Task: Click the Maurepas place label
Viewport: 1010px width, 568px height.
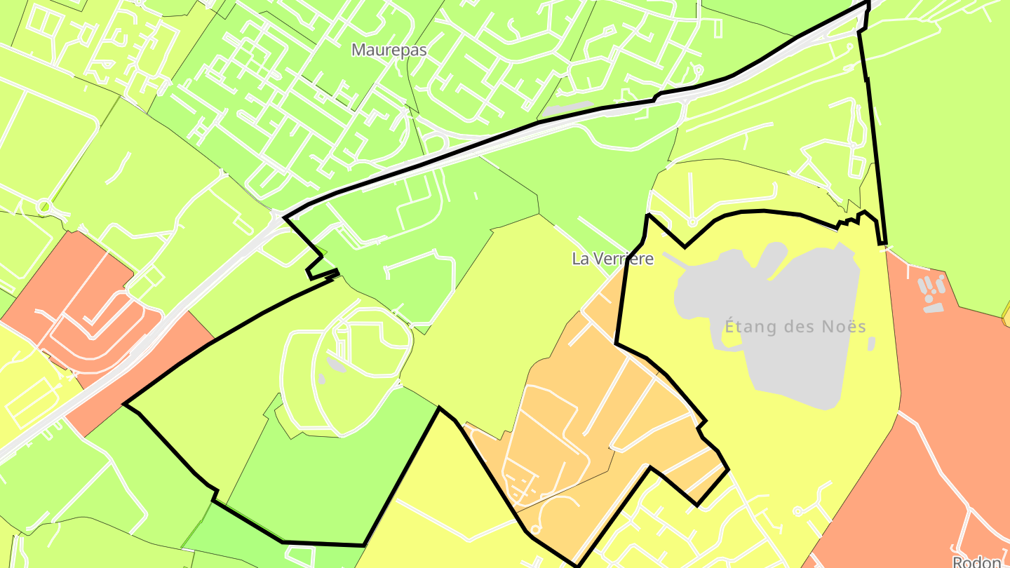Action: pyautogui.click(x=389, y=50)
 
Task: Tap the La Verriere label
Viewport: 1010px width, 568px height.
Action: pyautogui.click(x=612, y=259)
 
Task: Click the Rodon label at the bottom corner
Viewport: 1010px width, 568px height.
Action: pyautogui.click(x=976, y=562)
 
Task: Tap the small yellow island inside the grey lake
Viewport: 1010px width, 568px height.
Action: pyautogui.click(x=732, y=337)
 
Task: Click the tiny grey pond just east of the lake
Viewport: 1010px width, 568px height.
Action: pyautogui.click(x=871, y=344)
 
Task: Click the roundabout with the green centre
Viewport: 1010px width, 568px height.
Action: pyautogui.click(x=44, y=207)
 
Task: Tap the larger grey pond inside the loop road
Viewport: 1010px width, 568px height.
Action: pyautogui.click(x=336, y=365)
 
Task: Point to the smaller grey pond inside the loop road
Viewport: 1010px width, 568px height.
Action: pyautogui.click(x=321, y=379)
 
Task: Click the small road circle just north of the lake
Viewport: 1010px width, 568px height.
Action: pyautogui.click(x=692, y=222)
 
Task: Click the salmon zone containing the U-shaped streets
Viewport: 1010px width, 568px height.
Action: pyautogui.click(x=70, y=295)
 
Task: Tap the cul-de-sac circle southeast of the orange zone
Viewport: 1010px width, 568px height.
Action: pyautogui.click(x=798, y=512)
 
